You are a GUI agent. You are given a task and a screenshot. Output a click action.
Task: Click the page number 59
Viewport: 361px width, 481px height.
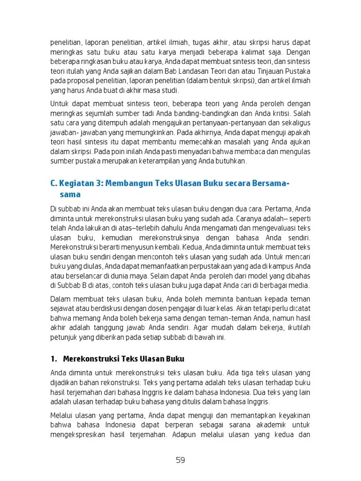click(x=180, y=460)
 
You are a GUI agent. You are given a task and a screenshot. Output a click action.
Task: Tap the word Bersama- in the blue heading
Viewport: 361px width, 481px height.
click(x=268, y=183)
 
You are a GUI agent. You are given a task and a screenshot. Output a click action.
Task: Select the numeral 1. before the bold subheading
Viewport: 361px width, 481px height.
click(x=54, y=359)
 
